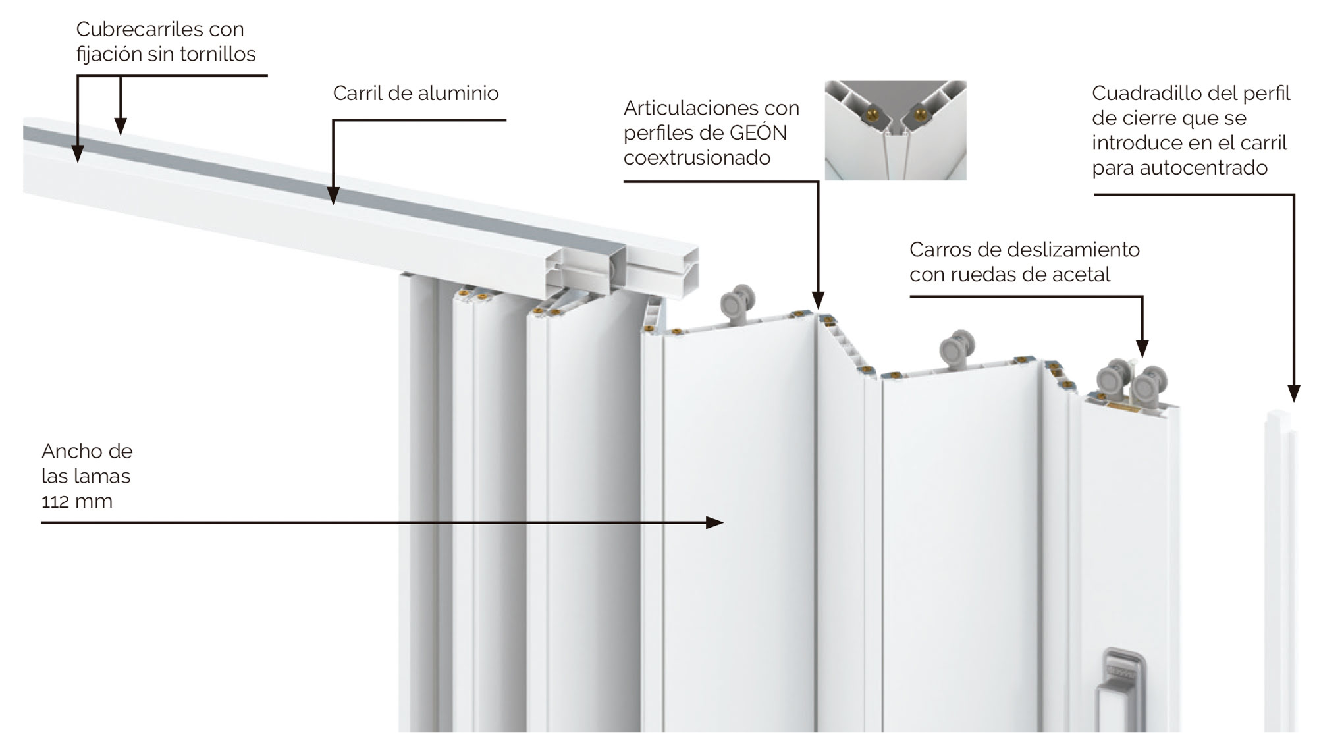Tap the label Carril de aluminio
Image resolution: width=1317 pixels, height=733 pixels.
click(416, 93)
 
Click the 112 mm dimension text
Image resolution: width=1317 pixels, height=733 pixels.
click(77, 501)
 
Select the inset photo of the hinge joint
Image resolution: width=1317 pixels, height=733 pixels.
click(896, 130)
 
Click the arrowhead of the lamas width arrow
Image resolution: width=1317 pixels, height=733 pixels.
click(714, 523)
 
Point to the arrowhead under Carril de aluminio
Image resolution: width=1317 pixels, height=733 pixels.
click(334, 196)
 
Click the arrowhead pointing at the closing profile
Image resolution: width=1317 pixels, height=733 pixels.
click(1294, 394)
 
